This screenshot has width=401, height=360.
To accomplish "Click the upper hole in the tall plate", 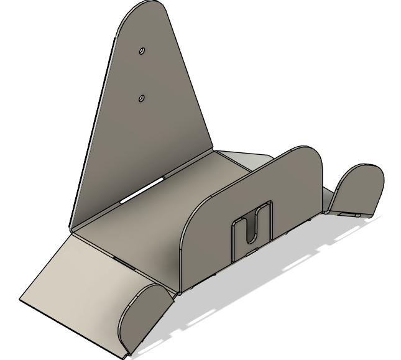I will click(142, 50).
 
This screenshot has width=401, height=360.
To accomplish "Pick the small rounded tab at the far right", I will click(358, 188).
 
